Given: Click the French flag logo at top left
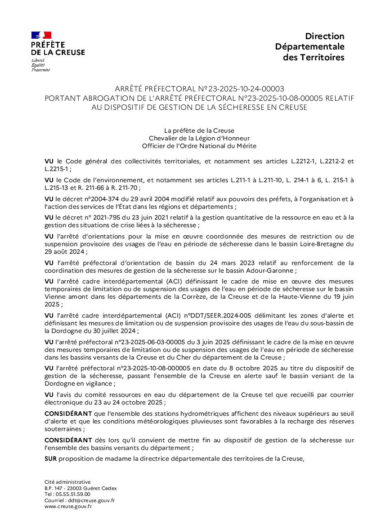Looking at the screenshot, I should pos(41,35).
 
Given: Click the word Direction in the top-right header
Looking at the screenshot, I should pos(325,36).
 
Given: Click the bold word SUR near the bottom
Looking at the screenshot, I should pos(51,459).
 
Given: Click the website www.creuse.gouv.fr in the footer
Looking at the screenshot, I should pos(68,506).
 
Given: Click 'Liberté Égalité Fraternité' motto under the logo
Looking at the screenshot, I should pos(40,65).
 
